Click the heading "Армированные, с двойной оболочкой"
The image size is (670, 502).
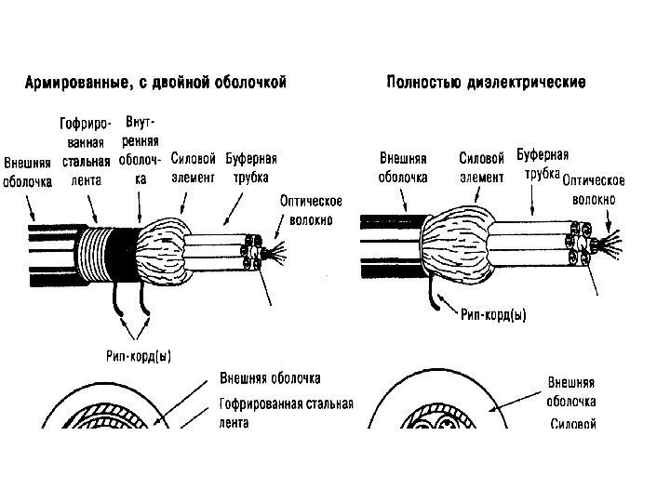154,83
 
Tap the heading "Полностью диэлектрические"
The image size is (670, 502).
486,83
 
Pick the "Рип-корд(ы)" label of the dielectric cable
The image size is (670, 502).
493,315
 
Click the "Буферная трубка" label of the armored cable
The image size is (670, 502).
246,167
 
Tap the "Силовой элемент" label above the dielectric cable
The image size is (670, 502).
482,167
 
